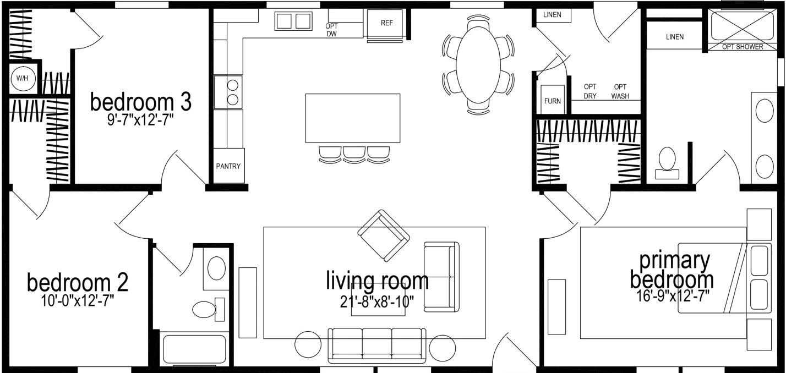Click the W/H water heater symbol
click(x=22, y=79)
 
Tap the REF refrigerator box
click(x=386, y=24)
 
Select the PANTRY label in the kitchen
click(x=228, y=166)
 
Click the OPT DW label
click(x=331, y=30)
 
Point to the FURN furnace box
click(x=552, y=100)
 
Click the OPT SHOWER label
click(x=743, y=47)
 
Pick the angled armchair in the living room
click(x=384, y=235)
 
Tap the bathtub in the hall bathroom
click(x=195, y=349)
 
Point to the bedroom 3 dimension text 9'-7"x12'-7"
click(x=140, y=120)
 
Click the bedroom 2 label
click(x=78, y=283)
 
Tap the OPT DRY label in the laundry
click(x=590, y=91)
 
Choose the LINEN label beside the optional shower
click(x=674, y=37)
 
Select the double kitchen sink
click(x=293, y=21)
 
